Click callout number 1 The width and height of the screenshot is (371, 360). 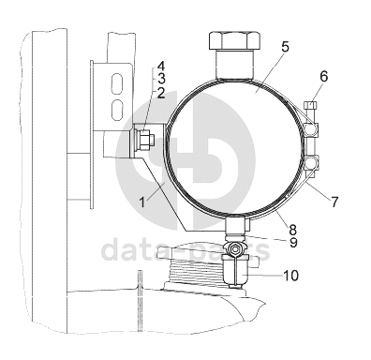(142, 202)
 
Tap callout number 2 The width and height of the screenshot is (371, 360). (161, 93)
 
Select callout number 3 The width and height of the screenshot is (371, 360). (161, 78)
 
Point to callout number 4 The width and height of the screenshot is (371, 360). (161, 67)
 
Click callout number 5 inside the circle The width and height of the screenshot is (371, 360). (285, 47)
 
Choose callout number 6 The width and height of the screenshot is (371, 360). (324, 77)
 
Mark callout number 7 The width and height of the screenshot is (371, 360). (334, 202)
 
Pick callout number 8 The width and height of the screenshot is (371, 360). (293, 230)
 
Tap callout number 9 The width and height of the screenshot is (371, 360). (293, 242)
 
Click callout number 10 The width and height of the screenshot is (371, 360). (290, 276)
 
